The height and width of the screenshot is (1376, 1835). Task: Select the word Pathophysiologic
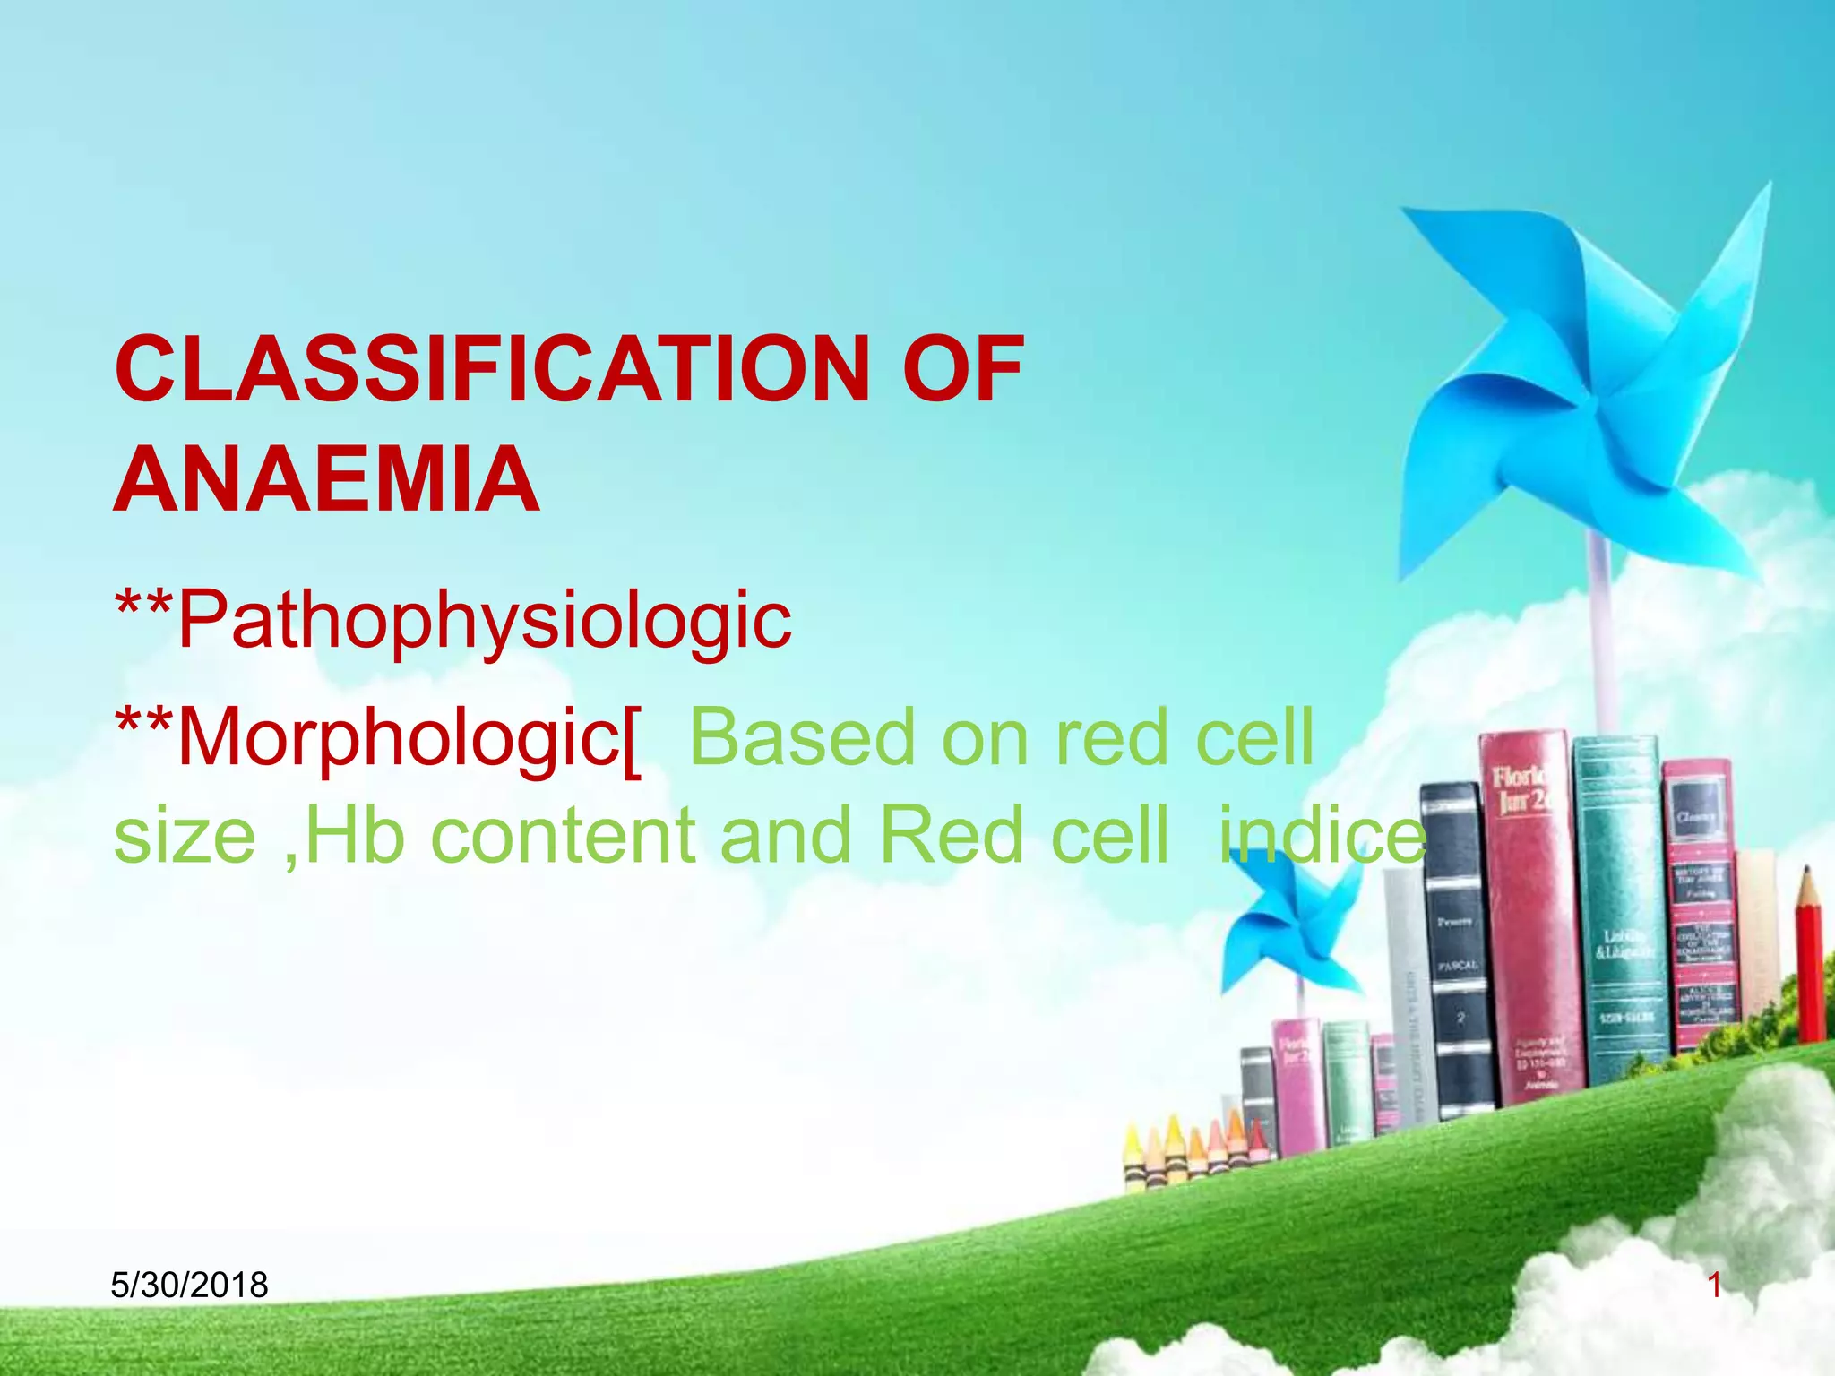point(484,620)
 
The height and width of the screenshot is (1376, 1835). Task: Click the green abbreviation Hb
point(356,835)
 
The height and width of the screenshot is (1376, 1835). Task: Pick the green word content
point(563,835)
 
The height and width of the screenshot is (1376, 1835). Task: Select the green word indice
point(1322,835)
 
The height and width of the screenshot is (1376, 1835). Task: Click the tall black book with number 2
point(1456,950)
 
